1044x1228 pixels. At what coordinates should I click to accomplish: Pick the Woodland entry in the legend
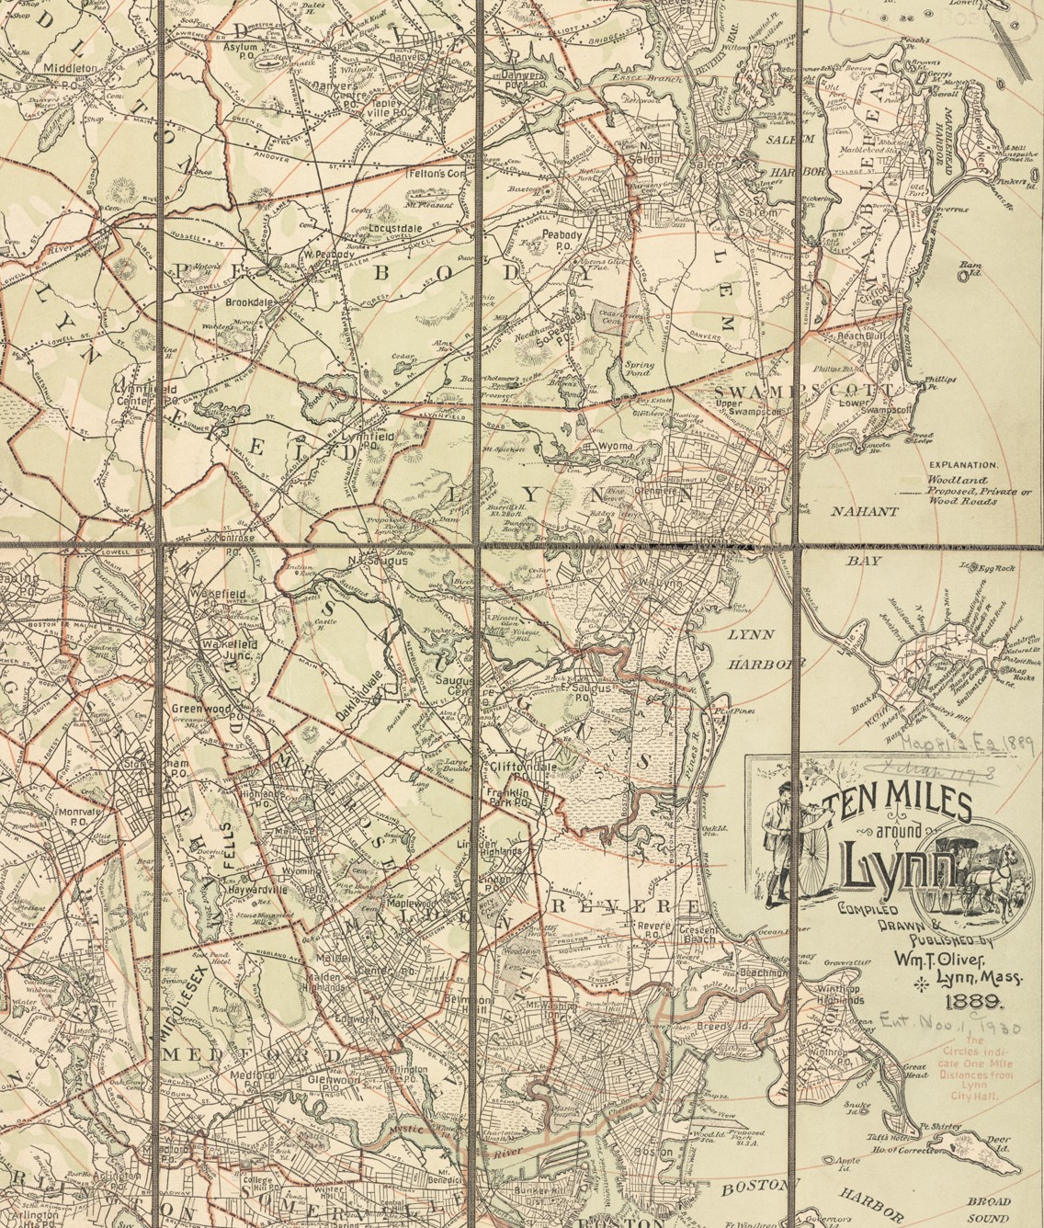pos(957,481)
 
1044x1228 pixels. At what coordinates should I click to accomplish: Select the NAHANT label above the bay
pos(865,512)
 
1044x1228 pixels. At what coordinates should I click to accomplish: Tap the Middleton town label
pos(70,68)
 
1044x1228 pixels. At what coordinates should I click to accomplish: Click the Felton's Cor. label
pos(433,173)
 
